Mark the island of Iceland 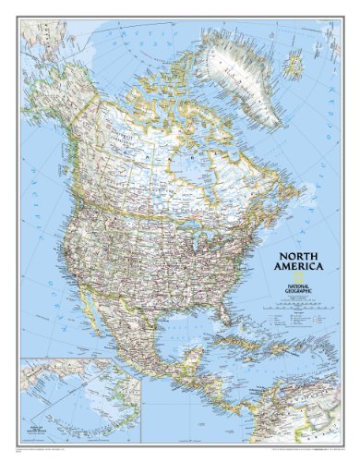tap(294, 65)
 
